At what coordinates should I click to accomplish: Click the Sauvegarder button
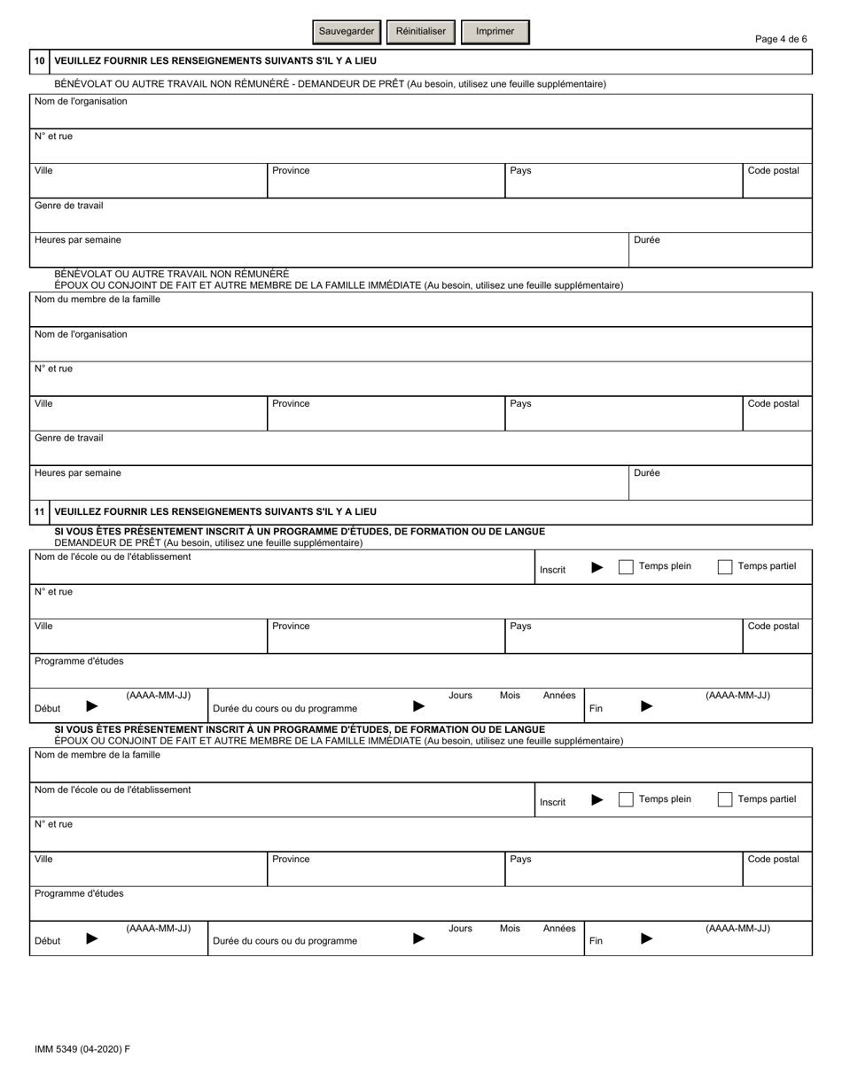347,32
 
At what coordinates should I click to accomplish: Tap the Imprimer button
495,32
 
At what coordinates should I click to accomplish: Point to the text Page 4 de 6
780,39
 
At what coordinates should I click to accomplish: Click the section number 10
39,61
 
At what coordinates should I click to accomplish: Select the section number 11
39,512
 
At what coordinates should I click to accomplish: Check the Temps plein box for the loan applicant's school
626,567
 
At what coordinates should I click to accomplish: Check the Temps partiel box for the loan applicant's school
724,567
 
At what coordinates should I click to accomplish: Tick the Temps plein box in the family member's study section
626,799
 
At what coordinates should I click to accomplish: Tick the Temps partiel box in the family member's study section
724,799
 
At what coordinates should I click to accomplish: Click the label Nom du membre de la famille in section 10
97,300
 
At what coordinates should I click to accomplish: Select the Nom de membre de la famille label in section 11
97,755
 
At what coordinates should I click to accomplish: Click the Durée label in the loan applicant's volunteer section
647,240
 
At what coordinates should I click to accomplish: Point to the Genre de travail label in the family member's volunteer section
68,438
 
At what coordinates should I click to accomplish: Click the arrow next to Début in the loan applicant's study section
92,707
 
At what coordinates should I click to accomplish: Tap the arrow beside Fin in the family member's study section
647,939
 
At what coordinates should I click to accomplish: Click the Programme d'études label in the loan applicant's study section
79,661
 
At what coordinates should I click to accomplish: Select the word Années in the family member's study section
559,929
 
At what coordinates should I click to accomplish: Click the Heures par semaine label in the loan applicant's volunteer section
78,240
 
